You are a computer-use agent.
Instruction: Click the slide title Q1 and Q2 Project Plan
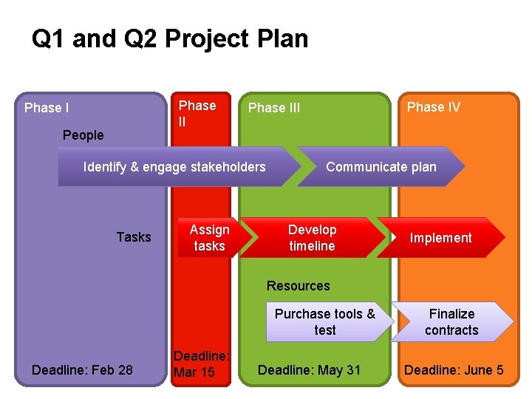170,39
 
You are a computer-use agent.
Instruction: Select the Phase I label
47,108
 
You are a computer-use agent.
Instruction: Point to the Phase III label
274,108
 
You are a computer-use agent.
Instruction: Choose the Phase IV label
434,107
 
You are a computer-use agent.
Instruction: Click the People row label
83,134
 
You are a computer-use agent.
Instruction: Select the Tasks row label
134,236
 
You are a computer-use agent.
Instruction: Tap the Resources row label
298,286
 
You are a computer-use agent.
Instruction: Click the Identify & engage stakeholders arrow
174,166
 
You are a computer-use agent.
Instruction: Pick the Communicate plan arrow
381,166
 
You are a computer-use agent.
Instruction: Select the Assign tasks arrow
209,237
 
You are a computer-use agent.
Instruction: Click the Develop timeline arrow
312,237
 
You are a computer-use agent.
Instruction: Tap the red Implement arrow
440,237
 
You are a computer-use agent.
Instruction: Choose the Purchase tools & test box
325,322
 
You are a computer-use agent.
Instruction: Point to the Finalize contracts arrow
451,322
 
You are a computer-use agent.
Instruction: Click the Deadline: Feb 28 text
83,369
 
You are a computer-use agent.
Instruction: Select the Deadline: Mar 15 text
202,364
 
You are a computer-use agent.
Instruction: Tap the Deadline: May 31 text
309,369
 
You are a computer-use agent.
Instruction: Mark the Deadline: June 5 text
454,369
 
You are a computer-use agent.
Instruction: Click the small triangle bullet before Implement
395,237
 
